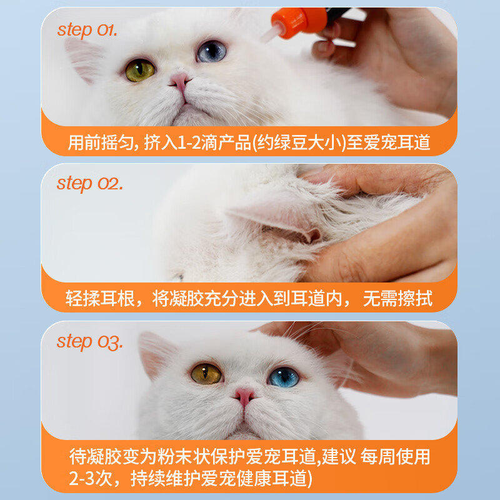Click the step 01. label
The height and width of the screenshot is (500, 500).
click(x=87, y=29)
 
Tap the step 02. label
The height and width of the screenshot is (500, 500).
click(x=90, y=184)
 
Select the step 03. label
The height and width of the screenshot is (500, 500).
click(x=90, y=341)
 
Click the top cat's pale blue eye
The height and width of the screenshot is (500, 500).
click(x=211, y=51)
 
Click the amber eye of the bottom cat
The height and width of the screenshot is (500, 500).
click(x=206, y=374)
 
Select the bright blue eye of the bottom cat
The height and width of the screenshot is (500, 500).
click(x=284, y=377)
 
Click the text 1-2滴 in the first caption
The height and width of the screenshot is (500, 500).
click(x=196, y=143)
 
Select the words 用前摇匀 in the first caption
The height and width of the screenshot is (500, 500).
click(x=93, y=143)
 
